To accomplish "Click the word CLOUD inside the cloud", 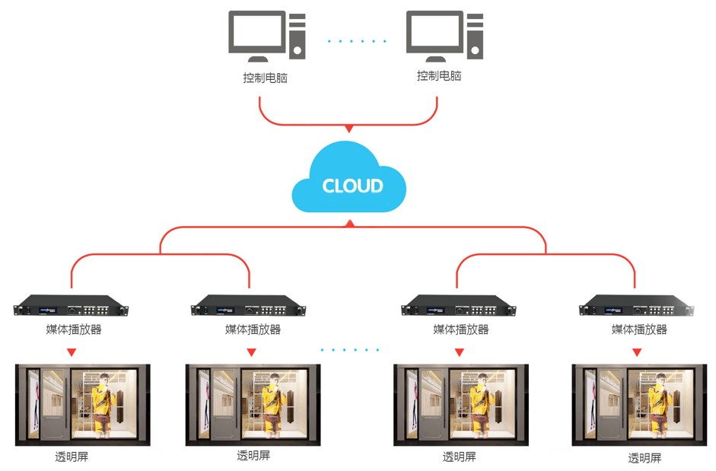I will coord(352,186).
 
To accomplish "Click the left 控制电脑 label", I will coord(266,78).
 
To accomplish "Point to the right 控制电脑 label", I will coord(439,76).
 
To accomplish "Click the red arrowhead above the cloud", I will coord(349,129).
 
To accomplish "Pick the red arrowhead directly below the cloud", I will coord(349,224).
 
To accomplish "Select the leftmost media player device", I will coord(72,309).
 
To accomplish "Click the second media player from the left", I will coord(250,309).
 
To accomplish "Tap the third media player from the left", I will coord(459,309).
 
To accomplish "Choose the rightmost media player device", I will coord(637,309).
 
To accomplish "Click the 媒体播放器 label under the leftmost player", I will coord(74,329).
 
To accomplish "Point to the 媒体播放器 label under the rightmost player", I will coord(639,329).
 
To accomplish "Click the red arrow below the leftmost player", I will coord(72,352).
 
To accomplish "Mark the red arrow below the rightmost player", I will coord(637,352).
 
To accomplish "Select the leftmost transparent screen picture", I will coord(83,404).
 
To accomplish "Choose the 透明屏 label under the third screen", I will coord(460,457).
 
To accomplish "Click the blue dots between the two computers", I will coord(358,41).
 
